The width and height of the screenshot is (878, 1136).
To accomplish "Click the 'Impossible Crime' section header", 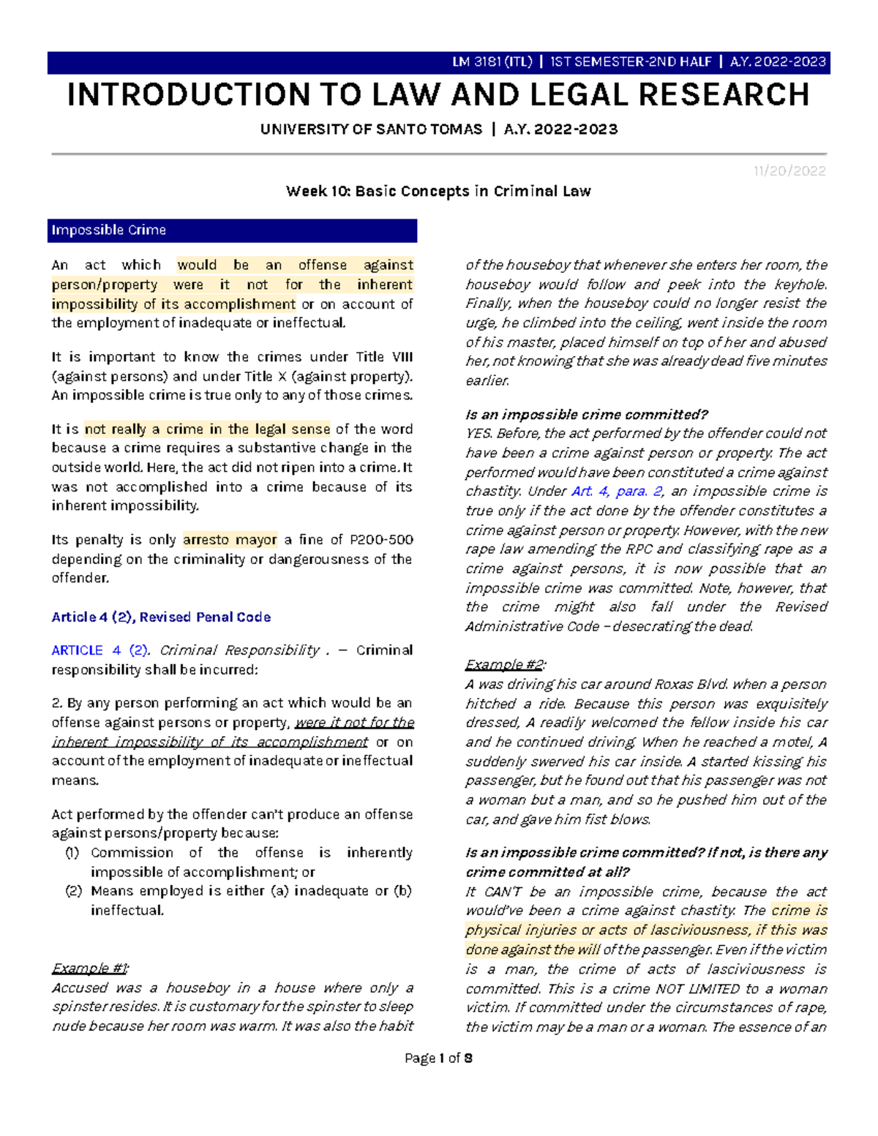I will click(x=108, y=230).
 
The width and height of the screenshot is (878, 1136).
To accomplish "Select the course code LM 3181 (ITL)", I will click(x=492, y=62).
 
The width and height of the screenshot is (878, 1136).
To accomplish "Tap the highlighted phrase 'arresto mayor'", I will click(x=230, y=540).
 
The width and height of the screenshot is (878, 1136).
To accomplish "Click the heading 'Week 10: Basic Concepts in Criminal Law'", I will click(x=438, y=192).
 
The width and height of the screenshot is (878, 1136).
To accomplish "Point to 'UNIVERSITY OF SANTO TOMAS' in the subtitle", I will click(x=371, y=129).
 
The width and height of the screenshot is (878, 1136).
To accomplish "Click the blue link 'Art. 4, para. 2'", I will click(x=616, y=492).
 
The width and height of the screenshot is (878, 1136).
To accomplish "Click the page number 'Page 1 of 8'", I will click(x=438, y=1058).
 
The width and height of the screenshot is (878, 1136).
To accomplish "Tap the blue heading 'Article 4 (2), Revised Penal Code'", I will click(x=161, y=617).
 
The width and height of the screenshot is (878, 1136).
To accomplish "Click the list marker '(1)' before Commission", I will click(x=72, y=853).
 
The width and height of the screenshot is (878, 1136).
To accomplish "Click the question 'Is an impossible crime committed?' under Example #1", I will click(x=586, y=415).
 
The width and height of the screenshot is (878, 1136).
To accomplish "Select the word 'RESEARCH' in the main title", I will click(x=724, y=95).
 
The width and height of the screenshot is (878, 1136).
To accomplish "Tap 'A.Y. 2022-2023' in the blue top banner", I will click(x=778, y=62).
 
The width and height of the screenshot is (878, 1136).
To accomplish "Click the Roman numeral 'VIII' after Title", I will click(x=402, y=357).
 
